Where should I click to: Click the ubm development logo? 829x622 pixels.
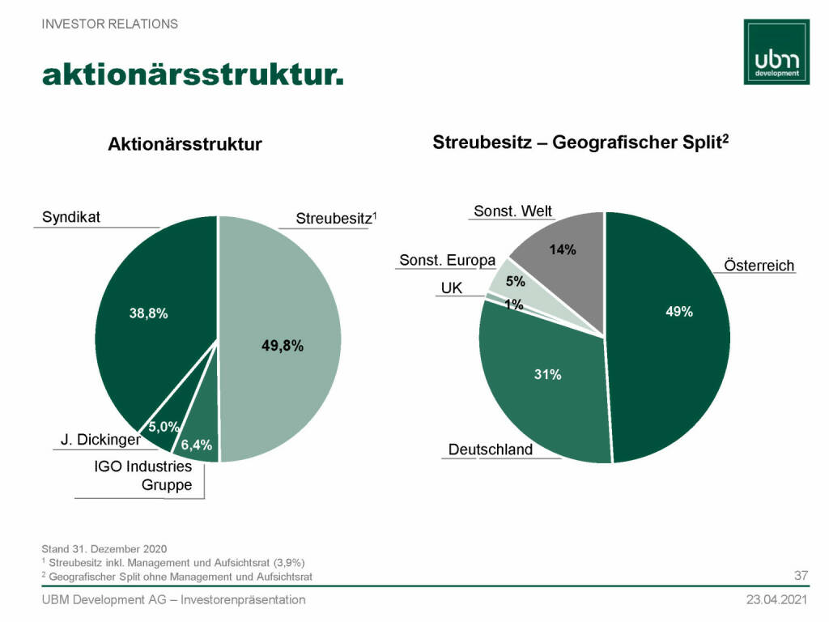(x=776, y=50)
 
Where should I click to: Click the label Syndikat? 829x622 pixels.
(x=70, y=217)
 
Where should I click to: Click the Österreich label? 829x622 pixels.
(x=759, y=266)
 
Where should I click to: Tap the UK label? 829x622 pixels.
(x=451, y=288)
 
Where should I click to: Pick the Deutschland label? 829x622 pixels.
(x=491, y=449)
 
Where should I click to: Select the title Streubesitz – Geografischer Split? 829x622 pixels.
(x=581, y=143)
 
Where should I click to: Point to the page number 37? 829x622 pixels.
(x=801, y=576)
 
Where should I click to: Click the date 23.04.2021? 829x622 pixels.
(x=776, y=600)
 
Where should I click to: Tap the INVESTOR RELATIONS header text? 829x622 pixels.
(x=110, y=24)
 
